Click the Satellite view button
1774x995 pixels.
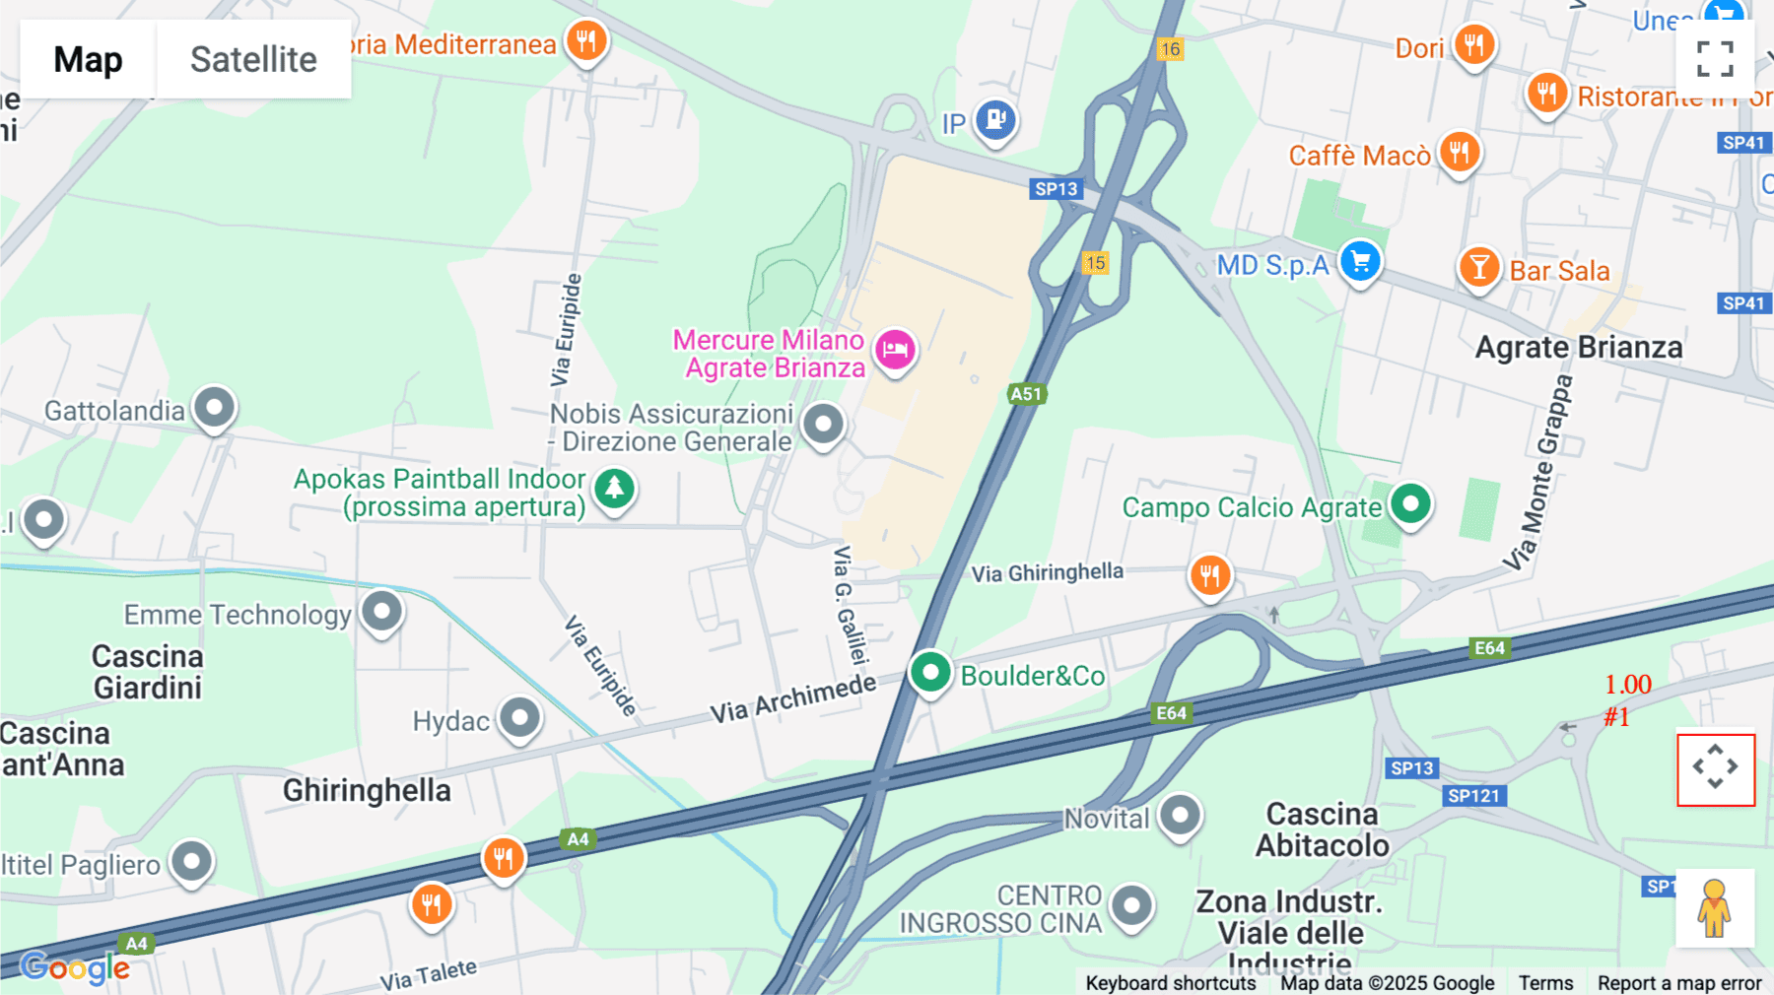click(253, 59)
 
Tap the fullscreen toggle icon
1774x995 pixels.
click(1715, 59)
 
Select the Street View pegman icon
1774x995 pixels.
click(1714, 908)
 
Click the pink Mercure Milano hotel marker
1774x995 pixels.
click(895, 350)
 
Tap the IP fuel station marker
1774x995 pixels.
click(995, 120)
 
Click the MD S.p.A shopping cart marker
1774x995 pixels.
click(1360, 262)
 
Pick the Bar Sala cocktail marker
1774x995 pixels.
click(1478, 267)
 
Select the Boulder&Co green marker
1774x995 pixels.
click(929, 673)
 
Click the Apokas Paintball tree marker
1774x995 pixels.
click(614, 489)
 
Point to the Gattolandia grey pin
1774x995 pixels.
click(214, 407)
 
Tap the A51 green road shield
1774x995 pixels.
click(1025, 394)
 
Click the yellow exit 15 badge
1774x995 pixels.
click(1095, 263)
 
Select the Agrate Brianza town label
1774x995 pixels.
click(1578, 348)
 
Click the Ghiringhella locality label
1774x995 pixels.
click(367, 790)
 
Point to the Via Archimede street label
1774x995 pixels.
click(792, 698)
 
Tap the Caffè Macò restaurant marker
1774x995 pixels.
click(1459, 153)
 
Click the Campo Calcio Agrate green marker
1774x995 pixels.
click(1410, 504)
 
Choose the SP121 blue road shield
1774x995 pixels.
click(1473, 796)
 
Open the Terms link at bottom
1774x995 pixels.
click(1545, 982)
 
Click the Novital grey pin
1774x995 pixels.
click(1180, 816)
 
